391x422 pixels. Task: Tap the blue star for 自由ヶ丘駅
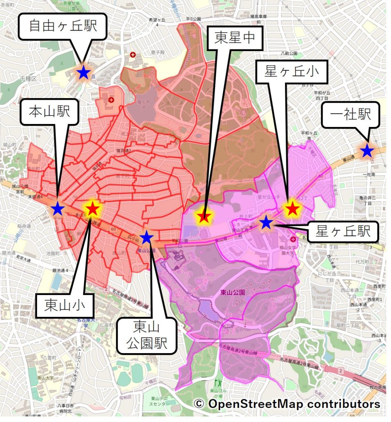pyautogui.click(x=83, y=73)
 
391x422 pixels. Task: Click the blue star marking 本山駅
pyautogui.click(x=58, y=209)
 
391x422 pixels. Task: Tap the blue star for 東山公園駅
pyautogui.click(x=146, y=237)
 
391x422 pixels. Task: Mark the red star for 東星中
pyautogui.click(x=204, y=216)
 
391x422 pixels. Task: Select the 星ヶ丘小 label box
pyautogui.click(x=292, y=73)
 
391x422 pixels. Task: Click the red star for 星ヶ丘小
pyautogui.click(x=292, y=209)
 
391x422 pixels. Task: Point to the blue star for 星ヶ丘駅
pyautogui.click(x=266, y=223)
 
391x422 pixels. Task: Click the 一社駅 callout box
pyautogui.click(x=350, y=115)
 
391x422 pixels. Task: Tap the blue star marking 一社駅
pyautogui.click(x=367, y=151)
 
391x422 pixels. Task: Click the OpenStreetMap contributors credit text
pyautogui.click(x=287, y=404)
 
